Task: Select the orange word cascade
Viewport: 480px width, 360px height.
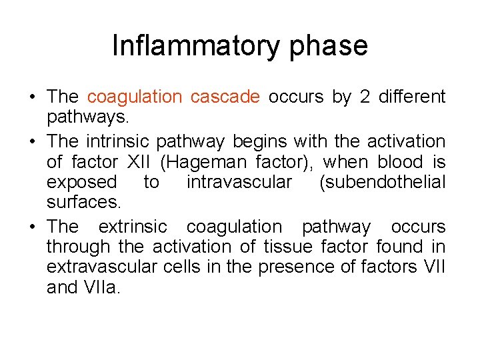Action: (x=225, y=97)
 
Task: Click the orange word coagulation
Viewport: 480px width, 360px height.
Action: (x=134, y=97)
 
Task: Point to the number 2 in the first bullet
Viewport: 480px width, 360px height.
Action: (x=364, y=97)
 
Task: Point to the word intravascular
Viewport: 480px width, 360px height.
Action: (x=239, y=183)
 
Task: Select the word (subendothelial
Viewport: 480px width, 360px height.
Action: (x=382, y=183)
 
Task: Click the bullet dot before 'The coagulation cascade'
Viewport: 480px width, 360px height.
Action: (x=33, y=97)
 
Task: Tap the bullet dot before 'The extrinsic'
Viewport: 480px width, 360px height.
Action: (x=33, y=227)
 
